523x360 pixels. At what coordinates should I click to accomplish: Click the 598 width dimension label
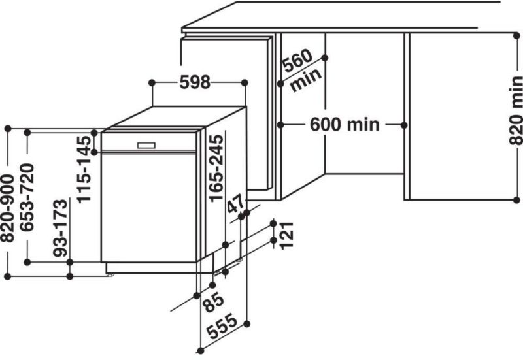pos(195,82)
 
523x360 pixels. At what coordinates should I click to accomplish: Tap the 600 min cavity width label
pos(345,125)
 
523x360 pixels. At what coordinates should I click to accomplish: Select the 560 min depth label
pos(301,70)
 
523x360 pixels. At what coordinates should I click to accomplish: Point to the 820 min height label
pos(516,110)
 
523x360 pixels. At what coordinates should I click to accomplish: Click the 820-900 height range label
pos(7,208)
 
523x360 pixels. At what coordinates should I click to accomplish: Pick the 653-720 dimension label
pos(27,197)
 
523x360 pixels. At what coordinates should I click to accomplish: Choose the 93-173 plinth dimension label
pos(60,228)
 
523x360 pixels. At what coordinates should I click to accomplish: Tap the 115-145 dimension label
pos(84,169)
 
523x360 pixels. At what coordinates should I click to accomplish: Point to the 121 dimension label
pos(286,235)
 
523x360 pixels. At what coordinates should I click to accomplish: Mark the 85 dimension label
pos(214,302)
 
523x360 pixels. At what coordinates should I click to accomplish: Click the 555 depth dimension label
pos(222,327)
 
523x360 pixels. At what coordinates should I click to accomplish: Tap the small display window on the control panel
pos(146,145)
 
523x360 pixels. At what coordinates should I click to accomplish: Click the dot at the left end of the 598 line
pos(152,82)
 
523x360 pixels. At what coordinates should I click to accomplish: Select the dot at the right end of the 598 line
pos(245,82)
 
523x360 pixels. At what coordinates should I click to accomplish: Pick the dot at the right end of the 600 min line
pos(404,125)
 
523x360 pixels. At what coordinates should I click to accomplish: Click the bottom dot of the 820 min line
pos(516,200)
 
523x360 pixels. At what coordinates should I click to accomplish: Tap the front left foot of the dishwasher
pos(110,274)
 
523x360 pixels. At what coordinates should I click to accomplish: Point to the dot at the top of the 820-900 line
pos(8,129)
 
